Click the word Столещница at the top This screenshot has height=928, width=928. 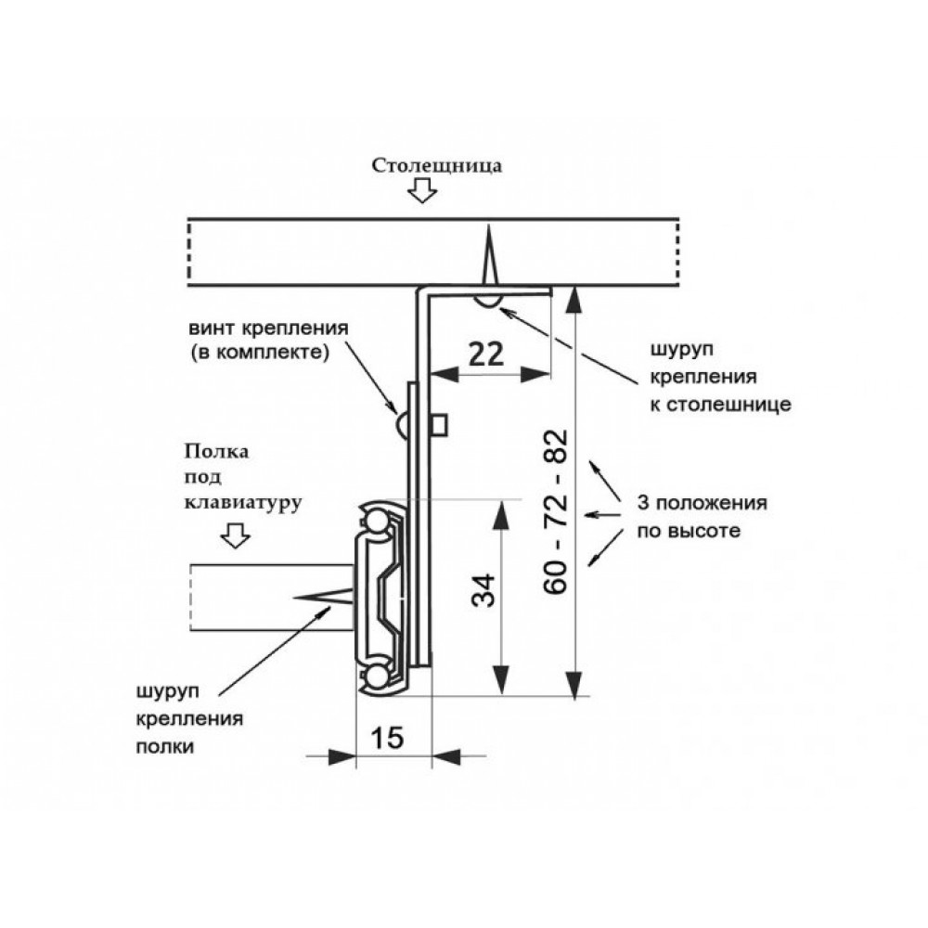(x=437, y=166)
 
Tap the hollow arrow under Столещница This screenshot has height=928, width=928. (x=422, y=190)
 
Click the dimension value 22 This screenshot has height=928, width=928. (x=486, y=354)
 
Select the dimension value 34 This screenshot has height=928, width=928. (x=483, y=590)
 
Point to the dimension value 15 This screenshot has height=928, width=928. (x=388, y=738)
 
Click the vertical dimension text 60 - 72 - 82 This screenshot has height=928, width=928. (x=556, y=511)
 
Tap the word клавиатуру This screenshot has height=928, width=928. (x=243, y=503)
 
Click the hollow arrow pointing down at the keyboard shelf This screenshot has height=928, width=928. (x=235, y=535)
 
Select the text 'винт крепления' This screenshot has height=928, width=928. (x=269, y=328)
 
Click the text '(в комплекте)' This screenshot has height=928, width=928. (x=260, y=353)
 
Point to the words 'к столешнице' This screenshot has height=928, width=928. (x=721, y=405)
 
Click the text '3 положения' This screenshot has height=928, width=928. (x=702, y=503)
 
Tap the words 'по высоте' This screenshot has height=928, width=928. (x=689, y=530)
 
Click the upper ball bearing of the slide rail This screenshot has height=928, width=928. (x=375, y=522)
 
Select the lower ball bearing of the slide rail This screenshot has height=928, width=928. (x=375, y=676)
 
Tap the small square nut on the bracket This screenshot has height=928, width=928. (x=439, y=426)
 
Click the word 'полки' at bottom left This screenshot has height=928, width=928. (x=165, y=746)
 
